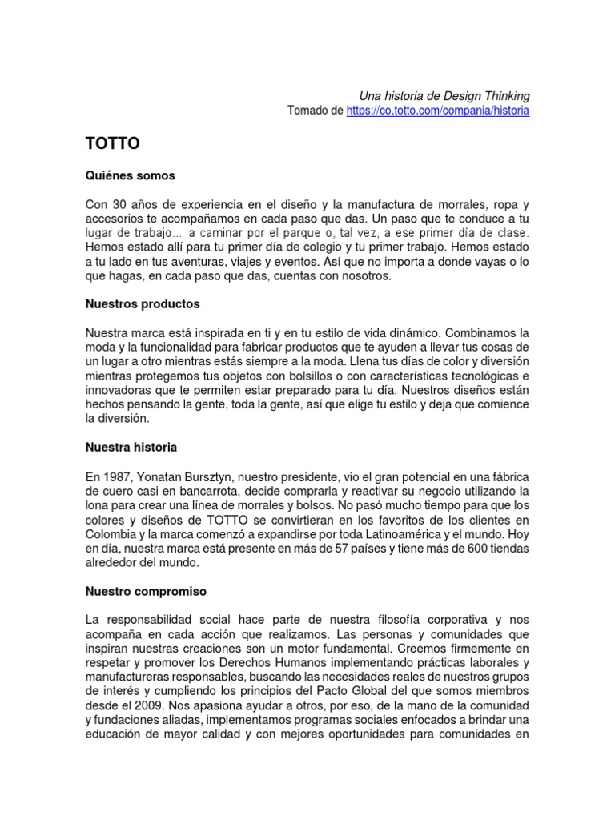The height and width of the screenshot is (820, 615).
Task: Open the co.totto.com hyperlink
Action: pos(438,111)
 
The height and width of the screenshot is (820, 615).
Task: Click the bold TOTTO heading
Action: pos(113,144)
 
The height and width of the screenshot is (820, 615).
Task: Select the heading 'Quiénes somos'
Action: pos(130,175)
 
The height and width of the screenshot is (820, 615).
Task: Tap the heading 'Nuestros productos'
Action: pos(143,304)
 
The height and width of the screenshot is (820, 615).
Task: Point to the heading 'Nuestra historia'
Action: pos(131,447)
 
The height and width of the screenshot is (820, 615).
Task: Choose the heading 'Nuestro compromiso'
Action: pos(146,591)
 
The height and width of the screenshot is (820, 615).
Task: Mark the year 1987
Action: pos(115,476)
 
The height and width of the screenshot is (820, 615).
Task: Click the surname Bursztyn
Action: pos(219,476)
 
